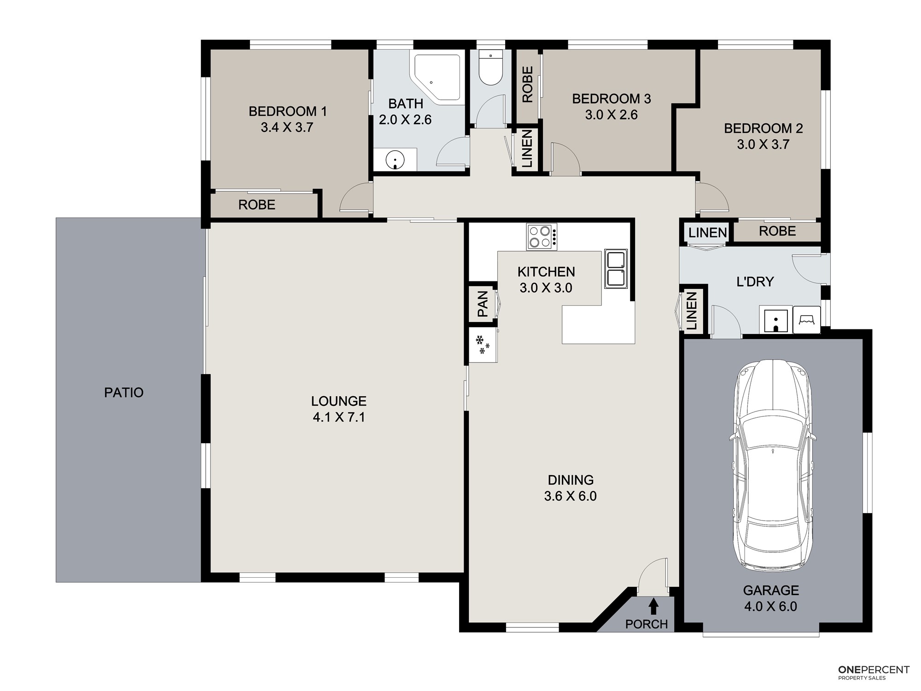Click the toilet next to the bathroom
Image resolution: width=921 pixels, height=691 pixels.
point(490,68)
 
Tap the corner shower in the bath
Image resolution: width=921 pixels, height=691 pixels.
point(437,78)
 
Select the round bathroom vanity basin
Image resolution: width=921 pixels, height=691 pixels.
point(395,160)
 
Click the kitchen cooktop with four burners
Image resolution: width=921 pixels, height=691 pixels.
point(542,237)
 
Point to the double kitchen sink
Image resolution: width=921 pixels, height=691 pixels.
point(616,269)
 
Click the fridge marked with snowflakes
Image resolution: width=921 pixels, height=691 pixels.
point(483,345)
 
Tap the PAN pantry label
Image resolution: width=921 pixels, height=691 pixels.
point(483,304)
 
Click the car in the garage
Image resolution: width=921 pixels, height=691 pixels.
point(773,465)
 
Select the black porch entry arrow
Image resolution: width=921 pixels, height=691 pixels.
point(653,606)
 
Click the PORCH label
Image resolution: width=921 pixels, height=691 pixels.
point(647,624)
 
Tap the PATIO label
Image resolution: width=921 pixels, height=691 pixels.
point(124,392)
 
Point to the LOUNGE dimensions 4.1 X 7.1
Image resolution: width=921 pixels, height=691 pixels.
point(339,417)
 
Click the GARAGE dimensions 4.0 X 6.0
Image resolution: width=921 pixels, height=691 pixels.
point(771,606)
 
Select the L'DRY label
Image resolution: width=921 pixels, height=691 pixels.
point(755,281)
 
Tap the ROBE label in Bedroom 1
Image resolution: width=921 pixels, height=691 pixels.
point(257,205)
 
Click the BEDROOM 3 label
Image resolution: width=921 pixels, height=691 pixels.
point(612,99)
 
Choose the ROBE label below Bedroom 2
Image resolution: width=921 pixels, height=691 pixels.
point(777,231)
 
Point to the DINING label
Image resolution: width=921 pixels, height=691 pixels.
point(571,480)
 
